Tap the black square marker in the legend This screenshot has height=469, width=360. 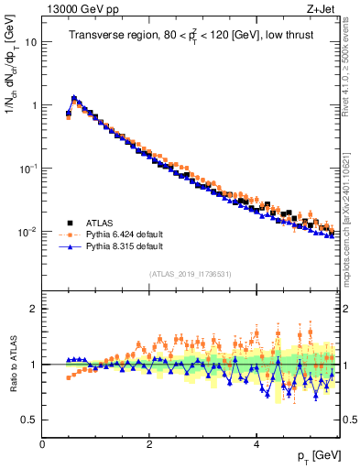click(70, 222)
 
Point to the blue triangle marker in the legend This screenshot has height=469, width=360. click(70, 247)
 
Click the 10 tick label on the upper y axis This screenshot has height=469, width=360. click(30, 42)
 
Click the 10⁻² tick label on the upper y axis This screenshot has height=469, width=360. click(27, 232)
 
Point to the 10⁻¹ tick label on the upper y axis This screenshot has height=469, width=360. click(27, 169)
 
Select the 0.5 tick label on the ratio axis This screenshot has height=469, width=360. click(28, 420)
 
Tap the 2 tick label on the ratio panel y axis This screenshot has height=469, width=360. click(33, 309)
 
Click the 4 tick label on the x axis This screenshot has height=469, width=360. click(256, 444)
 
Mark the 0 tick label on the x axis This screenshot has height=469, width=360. click(42, 444)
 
